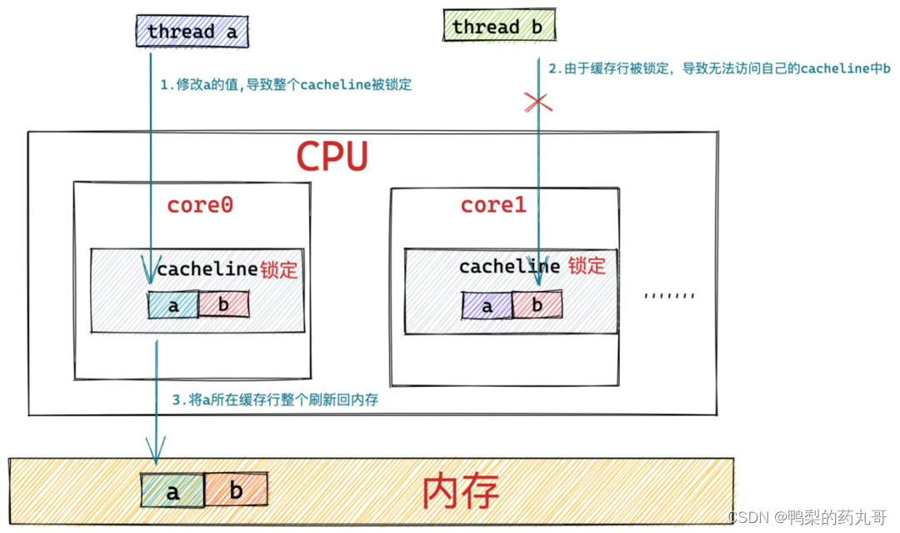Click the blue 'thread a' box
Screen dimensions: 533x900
[x=192, y=32]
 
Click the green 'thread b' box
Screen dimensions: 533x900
[x=497, y=28]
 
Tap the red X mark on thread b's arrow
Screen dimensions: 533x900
[x=537, y=103]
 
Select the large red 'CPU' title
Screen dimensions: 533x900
[x=332, y=156]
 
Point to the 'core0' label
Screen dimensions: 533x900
[x=200, y=205]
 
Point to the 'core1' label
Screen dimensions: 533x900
[x=493, y=205]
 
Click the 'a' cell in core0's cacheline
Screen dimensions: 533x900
[x=173, y=305]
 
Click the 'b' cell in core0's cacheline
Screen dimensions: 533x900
[x=223, y=305]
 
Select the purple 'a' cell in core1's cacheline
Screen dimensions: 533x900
[x=487, y=306]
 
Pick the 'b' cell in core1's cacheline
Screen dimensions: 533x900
[x=537, y=306]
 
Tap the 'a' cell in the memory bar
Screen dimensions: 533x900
[x=172, y=492]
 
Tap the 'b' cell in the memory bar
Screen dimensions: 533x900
[x=236, y=492]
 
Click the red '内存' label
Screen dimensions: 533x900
[x=461, y=492]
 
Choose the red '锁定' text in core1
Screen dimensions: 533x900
[x=587, y=266]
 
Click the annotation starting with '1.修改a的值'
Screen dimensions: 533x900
[x=286, y=84]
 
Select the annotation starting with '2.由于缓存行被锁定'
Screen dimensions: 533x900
[x=719, y=69]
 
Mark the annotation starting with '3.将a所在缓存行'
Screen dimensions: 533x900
[x=275, y=400]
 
